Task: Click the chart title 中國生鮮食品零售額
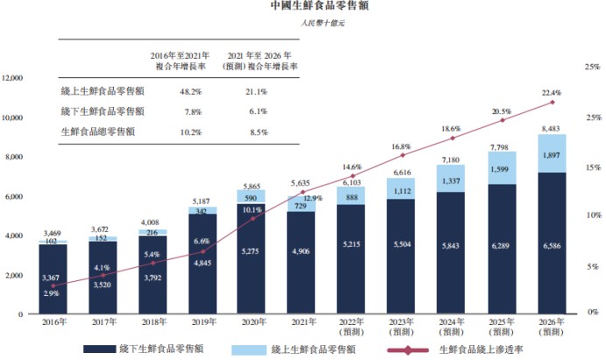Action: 302,7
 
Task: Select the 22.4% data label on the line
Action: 552,93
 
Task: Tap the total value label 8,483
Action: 552,129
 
